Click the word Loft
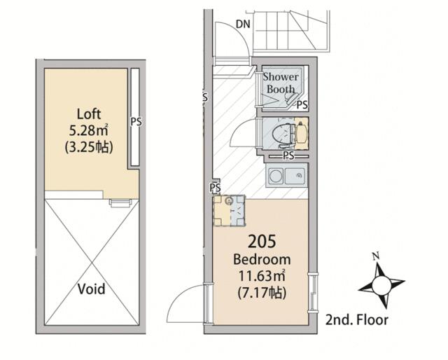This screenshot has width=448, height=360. pos(89,114)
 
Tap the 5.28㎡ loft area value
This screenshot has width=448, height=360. pos(89,131)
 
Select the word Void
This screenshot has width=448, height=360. pos(92,289)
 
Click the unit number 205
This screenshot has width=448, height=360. pos(262,241)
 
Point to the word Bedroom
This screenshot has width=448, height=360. pos(262,259)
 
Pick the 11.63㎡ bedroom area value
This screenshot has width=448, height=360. pos(262,276)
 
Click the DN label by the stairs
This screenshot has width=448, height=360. pos(243,25)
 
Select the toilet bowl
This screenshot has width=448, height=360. pos(281,134)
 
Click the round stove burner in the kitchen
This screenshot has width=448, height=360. pos(276,176)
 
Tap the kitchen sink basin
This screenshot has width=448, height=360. pos(295,176)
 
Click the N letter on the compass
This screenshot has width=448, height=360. pos(376,256)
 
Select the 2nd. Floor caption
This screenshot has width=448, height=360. pos(357,320)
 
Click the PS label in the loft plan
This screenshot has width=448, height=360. pos(136,122)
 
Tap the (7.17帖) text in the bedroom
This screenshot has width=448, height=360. pos(262,293)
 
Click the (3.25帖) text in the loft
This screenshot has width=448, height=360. pos(89,148)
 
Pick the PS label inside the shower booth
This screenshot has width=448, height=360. pos(302,104)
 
